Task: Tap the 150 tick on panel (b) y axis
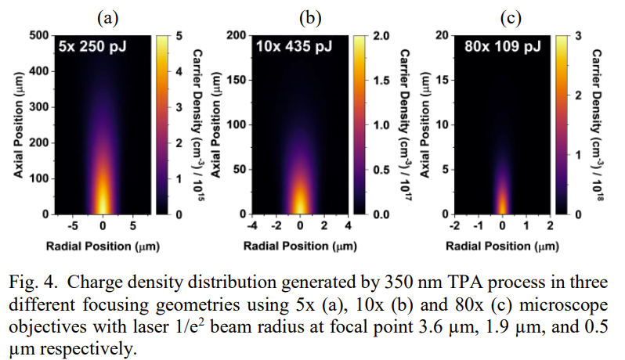(x=237, y=80)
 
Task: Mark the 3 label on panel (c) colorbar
(x=578, y=35)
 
